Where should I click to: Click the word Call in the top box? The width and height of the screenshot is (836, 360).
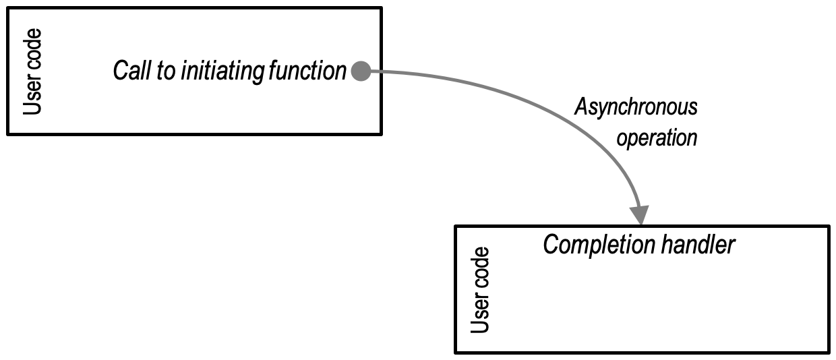pos(132,71)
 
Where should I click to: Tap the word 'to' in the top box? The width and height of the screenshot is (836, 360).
pos(167,71)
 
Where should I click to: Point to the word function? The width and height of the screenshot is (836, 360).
pos(307,71)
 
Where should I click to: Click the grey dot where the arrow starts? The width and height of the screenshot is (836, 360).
pos(361,71)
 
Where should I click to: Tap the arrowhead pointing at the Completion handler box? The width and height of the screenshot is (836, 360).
pos(640,214)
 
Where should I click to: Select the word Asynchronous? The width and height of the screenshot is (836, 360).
pos(635,107)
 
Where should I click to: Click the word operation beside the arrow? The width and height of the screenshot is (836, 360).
pos(657,138)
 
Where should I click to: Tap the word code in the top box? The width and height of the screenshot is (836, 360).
pos(32,51)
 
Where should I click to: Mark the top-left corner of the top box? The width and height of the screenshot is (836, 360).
pos(7,8)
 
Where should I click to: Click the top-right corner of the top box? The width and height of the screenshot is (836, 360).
pos(382,8)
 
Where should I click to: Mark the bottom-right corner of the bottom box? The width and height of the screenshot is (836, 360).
pos(829,352)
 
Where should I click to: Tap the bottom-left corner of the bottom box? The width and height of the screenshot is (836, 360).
pos(456,352)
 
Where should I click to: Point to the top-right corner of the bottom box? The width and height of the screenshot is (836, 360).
pos(829,226)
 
